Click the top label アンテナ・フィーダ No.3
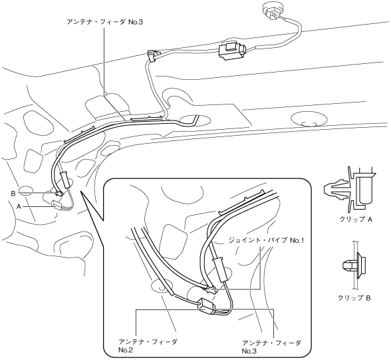105,22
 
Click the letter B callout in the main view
13,194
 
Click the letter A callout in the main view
19,206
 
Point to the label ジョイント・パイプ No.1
266,240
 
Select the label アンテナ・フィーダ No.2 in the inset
148,346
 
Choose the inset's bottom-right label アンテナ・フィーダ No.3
271,347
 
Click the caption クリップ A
356,220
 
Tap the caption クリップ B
354,297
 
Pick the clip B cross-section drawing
354,266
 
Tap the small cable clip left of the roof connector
153,55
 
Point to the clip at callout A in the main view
57,204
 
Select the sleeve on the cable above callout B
65,179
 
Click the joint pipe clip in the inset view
210,289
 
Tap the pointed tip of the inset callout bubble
81,192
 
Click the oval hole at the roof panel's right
309,119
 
